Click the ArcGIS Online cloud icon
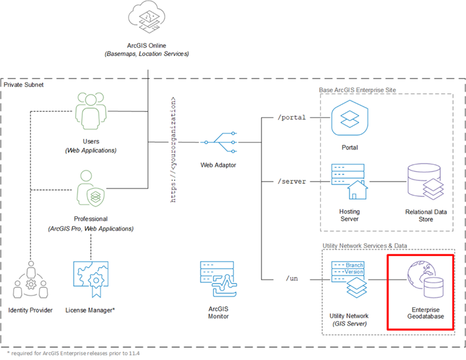tap(147, 17)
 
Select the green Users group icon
tap(91, 111)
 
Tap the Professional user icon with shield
tap(90, 188)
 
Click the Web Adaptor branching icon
tap(219, 142)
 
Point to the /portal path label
tap(291, 118)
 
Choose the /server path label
tap(291, 182)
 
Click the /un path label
tap(291, 279)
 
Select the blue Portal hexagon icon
tap(350, 118)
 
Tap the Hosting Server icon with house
tap(349, 182)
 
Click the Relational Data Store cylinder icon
tap(425, 182)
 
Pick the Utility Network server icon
tap(349, 279)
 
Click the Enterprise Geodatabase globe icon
tap(425, 279)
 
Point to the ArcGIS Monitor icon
tap(219, 279)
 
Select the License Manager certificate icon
tap(91, 279)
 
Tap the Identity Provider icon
tap(30, 279)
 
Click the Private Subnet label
tap(24, 85)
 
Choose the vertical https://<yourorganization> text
tap(173, 150)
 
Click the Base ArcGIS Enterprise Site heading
tap(357, 90)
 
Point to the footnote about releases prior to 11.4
tap(73, 353)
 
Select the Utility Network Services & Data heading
tap(365, 246)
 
